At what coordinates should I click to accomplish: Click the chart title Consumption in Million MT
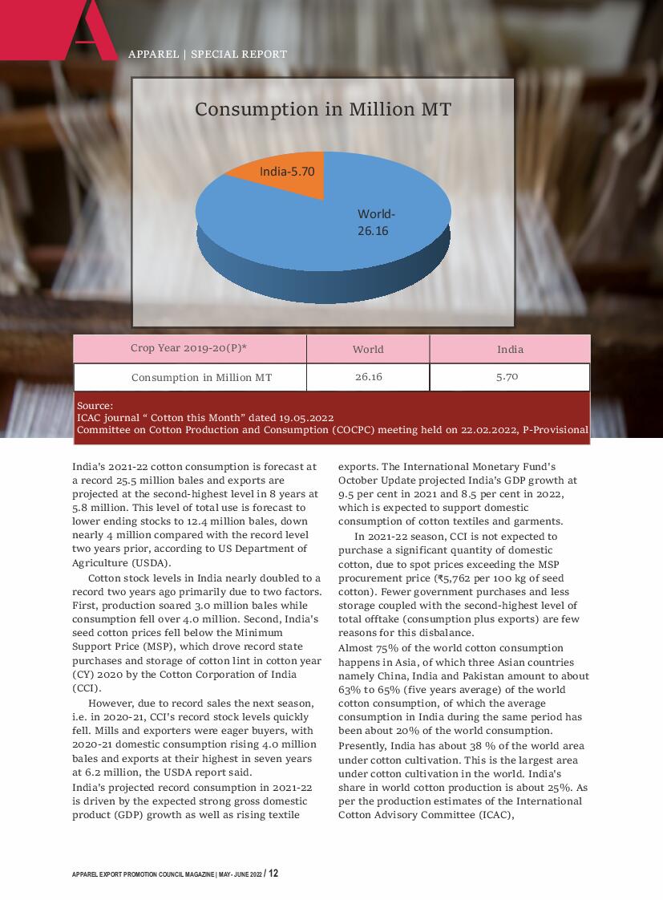(x=323, y=110)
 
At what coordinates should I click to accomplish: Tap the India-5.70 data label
(x=287, y=172)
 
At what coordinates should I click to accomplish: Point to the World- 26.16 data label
(x=376, y=222)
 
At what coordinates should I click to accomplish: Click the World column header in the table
(x=368, y=349)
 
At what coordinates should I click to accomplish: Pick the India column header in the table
(x=510, y=349)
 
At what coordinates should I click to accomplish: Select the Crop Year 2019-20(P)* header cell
(x=188, y=348)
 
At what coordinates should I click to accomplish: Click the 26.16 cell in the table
(x=368, y=377)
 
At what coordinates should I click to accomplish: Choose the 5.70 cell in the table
(x=507, y=376)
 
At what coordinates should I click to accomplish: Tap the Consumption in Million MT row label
(x=201, y=377)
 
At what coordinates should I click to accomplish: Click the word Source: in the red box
(x=95, y=406)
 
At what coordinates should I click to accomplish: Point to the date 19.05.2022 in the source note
(x=307, y=418)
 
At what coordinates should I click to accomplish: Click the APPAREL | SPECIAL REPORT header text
(x=207, y=55)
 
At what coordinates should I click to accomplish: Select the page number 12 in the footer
(x=273, y=874)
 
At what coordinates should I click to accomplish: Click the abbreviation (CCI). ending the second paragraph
(x=87, y=688)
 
